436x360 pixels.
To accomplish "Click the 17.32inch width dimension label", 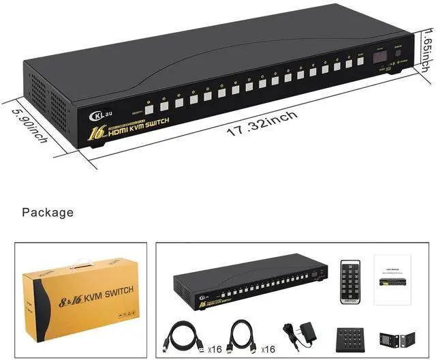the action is pos(262,122).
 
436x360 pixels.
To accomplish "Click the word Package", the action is pos(48,213).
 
